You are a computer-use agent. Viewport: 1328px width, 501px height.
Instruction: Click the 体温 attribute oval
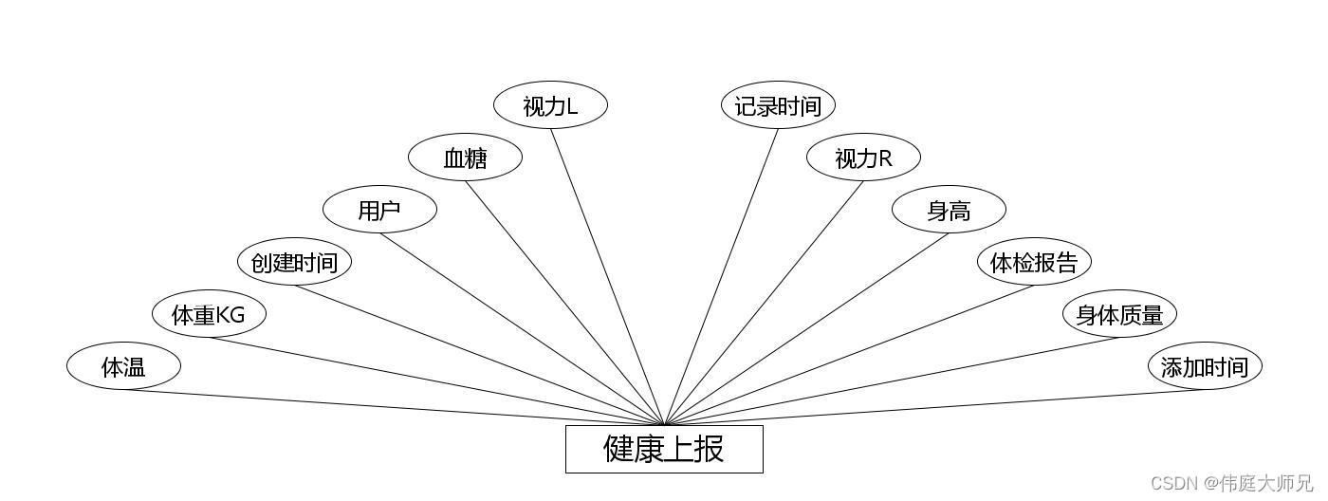click(123, 366)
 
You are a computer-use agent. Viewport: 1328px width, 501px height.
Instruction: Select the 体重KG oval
click(209, 314)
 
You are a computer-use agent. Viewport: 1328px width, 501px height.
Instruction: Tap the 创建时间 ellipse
click(294, 262)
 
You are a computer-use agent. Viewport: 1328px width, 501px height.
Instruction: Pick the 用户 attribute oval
click(379, 210)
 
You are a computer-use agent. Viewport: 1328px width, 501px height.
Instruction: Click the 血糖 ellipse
click(465, 158)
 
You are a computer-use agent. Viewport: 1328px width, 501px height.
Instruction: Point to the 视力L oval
click(550, 105)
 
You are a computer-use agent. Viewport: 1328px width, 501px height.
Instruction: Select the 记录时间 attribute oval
click(778, 105)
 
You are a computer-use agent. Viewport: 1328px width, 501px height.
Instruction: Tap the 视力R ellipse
click(863, 158)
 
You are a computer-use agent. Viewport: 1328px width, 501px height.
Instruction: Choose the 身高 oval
click(949, 210)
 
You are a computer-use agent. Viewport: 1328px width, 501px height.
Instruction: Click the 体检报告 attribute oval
click(1034, 262)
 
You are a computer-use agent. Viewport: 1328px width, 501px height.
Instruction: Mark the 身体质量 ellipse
click(1119, 314)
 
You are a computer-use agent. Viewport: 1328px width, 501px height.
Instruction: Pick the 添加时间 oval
click(1205, 366)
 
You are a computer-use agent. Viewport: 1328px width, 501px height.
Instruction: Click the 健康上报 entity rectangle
click(664, 449)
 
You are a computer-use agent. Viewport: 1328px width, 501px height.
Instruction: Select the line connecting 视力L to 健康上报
click(607, 276)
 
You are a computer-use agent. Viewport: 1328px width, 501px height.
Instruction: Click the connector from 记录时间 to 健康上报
click(721, 276)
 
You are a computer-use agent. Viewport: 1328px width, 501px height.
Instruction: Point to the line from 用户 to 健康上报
click(522, 328)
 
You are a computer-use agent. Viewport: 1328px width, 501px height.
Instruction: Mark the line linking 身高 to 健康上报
click(806, 328)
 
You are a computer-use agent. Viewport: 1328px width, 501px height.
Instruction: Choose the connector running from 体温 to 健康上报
click(394, 407)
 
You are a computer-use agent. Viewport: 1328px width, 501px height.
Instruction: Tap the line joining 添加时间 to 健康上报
click(934, 407)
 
